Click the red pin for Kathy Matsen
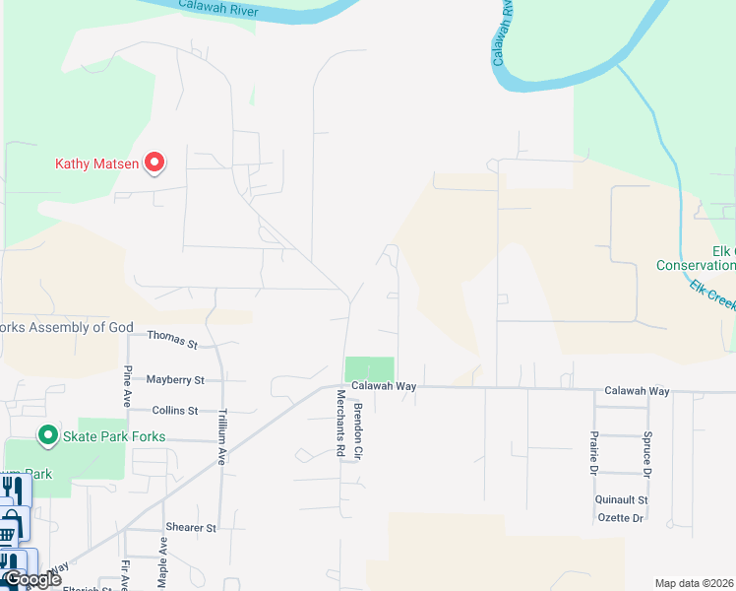(154, 163)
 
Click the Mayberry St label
(174, 379)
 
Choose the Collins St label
(175, 410)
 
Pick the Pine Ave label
(128, 380)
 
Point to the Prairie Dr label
(593, 450)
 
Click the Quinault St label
(621, 499)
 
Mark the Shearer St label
(190, 528)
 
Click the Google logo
(31, 579)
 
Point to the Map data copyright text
(693, 583)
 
